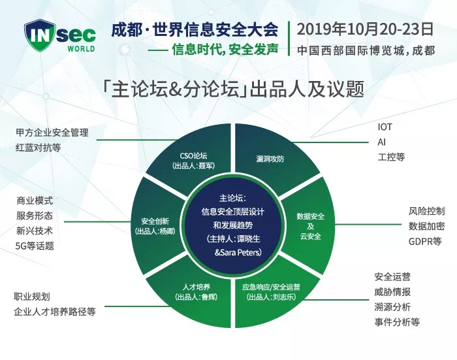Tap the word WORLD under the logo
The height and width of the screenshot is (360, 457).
pyautogui.click(x=82, y=49)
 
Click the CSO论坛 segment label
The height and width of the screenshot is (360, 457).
pyautogui.click(x=193, y=155)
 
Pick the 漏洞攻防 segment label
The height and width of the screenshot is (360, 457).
pyautogui.click(x=270, y=159)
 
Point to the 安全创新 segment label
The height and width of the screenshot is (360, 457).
pyautogui.click(x=155, y=221)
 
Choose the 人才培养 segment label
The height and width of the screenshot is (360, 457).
pyautogui.click(x=196, y=287)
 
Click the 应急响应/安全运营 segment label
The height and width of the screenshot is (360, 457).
pyautogui.click(x=271, y=287)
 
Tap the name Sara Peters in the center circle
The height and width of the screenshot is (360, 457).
pyautogui.click(x=240, y=252)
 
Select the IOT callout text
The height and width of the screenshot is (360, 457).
pyautogui.click(x=385, y=127)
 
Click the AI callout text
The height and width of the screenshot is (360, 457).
pyautogui.click(x=381, y=142)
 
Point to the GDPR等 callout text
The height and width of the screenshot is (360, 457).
pyautogui.click(x=425, y=241)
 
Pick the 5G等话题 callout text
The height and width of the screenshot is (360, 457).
pyautogui.click(x=35, y=246)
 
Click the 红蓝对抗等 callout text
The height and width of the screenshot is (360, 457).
pyautogui.click(x=38, y=148)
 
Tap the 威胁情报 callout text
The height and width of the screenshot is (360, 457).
pyautogui.click(x=392, y=292)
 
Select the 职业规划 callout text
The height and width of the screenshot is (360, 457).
pyautogui.click(x=32, y=297)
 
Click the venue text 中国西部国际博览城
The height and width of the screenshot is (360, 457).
pyautogui.click(x=351, y=50)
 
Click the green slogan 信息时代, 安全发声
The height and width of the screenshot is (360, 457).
pyautogui.click(x=225, y=50)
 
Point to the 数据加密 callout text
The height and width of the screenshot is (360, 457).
pyautogui.click(x=427, y=226)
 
